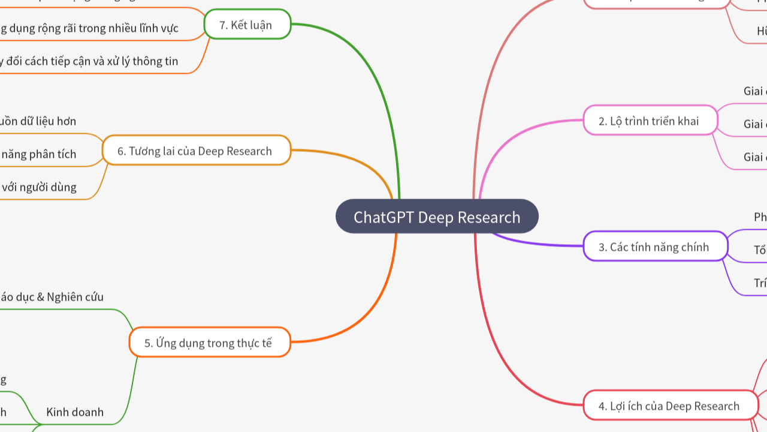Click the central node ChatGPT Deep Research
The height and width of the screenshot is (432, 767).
[x=437, y=217]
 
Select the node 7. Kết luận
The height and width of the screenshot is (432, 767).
[x=247, y=25]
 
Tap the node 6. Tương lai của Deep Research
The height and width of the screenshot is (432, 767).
[x=196, y=151]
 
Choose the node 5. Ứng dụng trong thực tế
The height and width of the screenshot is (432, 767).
[x=209, y=343]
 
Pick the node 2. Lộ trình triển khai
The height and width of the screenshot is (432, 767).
[x=650, y=121]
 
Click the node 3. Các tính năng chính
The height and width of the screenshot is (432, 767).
[x=654, y=247]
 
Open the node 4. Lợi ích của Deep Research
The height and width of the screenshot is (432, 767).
[x=669, y=406]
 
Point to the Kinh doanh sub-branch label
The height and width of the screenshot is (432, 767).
[x=75, y=412]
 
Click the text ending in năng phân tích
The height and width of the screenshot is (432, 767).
[x=38, y=154]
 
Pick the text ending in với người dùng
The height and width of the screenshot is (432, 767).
[x=39, y=187]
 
